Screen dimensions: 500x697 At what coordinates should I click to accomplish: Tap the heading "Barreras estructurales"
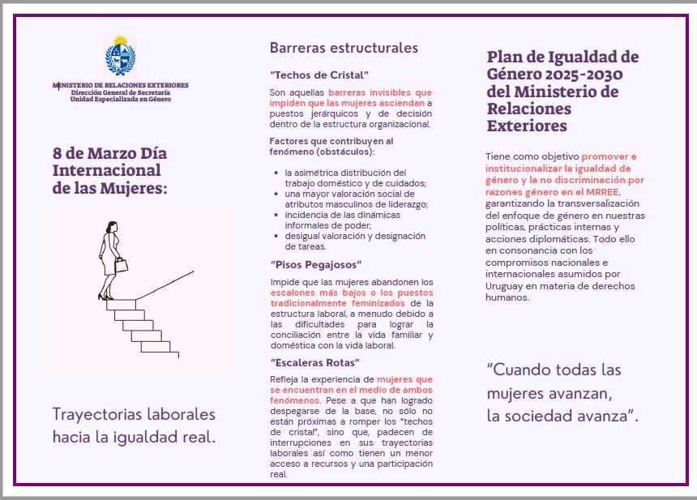pyautogui.click(x=344, y=48)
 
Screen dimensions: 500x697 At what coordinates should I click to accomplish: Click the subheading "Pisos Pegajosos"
pyautogui.click(x=315, y=264)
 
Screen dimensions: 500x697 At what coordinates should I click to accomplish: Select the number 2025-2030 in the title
pyautogui.click(x=586, y=74)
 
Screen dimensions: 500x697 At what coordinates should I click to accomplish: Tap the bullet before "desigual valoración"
pyautogui.click(x=276, y=237)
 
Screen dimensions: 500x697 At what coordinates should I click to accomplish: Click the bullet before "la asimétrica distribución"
pyautogui.click(x=276, y=173)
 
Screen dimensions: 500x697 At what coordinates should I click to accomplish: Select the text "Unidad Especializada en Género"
pyautogui.click(x=120, y=99)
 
